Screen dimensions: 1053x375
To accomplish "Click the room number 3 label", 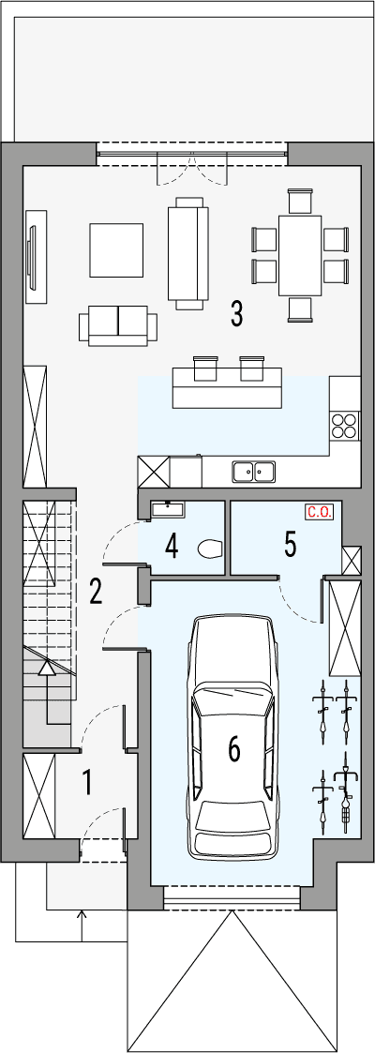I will tap(236, 314).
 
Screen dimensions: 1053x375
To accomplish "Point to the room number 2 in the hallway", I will tap(96, 592).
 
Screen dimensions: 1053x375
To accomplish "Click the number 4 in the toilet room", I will tap(172, 546).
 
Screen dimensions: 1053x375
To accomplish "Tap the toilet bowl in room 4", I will tap(210, 548).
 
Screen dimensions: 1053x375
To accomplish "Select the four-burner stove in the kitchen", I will tap(344, 427).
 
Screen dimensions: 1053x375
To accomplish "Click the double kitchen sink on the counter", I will tap(254, 471).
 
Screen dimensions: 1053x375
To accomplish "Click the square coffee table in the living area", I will tap(116, 249).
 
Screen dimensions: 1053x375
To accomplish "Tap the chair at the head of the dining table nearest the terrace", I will tap(300, 201).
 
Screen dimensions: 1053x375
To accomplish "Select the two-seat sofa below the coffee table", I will tap(118, 324).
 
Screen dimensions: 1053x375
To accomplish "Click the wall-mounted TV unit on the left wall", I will tap(37, 255).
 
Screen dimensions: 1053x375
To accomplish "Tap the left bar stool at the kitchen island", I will tap(204, 367).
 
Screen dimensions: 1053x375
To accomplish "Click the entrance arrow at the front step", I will tap(82, 917).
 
